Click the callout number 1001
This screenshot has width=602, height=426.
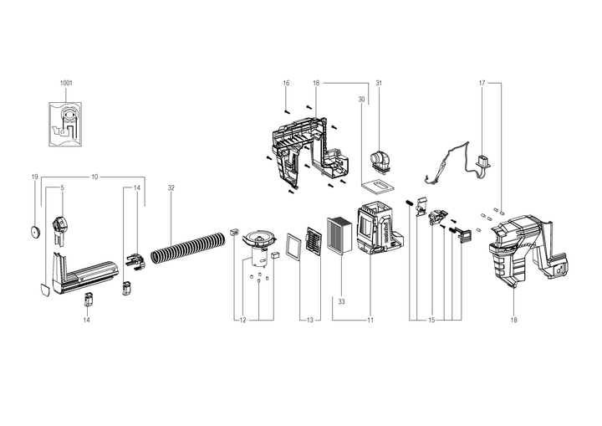point(66,83)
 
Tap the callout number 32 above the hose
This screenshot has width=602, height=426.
point(171,188)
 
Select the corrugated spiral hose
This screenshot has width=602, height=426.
point(188,248)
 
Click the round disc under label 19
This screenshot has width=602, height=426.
point(35,232)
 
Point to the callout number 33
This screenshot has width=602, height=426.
point(341,302)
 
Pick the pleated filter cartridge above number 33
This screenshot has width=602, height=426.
point(339,236)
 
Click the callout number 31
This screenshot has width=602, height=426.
point(379,83)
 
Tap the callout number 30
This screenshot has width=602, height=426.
point(361,100)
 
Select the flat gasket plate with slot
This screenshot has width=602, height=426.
point(378,186)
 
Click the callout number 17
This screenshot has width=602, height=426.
point(482,83)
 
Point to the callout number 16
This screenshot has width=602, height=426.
point(286,83)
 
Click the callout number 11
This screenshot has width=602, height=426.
point(370,320)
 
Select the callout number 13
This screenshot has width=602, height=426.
point(310,320)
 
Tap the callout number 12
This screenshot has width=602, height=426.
point(242,320)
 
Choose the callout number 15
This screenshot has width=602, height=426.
point(431,320)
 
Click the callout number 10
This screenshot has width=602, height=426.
point(94,177)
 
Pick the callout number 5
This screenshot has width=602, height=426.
point(62,188)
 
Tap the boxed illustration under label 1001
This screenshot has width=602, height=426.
point(66,124)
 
